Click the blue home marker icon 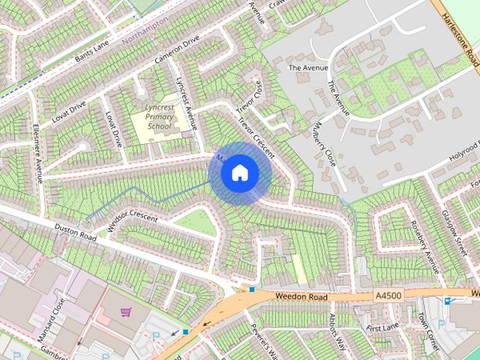[x=239, y=173]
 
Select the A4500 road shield [x=388, y=298]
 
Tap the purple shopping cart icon [x=126, y=311]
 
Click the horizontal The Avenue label [x=308, y=67]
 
